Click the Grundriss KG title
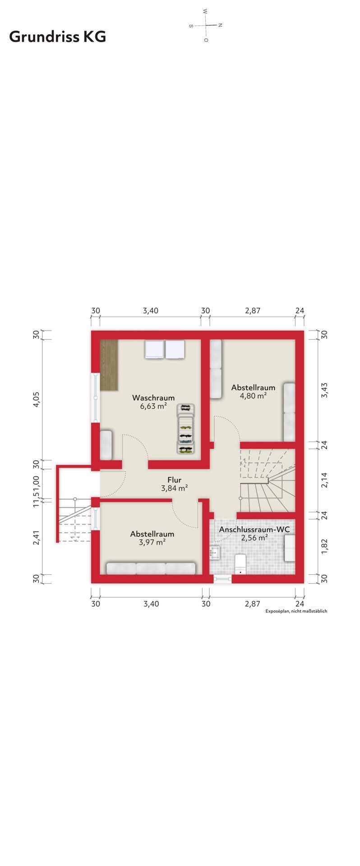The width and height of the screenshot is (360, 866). pos(57,37)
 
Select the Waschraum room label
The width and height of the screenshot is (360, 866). pos(153,398)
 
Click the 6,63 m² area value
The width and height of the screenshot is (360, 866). pos(153,406)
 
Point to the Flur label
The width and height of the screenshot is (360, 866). pos(174,480)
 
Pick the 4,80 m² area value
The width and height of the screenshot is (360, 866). pos(253,396)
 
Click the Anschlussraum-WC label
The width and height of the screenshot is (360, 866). pos(254,529)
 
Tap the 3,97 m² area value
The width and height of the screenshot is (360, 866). pos(152,542)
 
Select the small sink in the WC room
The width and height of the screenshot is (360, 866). pos(214,552)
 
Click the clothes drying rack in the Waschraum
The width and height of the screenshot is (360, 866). pos(185,428)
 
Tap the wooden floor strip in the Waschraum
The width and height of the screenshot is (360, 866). pos(109,365)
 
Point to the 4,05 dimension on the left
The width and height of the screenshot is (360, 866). pos(37,400)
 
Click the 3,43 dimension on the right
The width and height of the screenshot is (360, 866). pos(324,390)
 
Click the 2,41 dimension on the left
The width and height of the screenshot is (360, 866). pos(37,537)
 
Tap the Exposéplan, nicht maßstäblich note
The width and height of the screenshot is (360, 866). pos(296,611)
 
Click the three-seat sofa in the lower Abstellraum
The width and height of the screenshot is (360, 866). pos(151,568)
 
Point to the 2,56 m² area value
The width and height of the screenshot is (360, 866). pos(254,537)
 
